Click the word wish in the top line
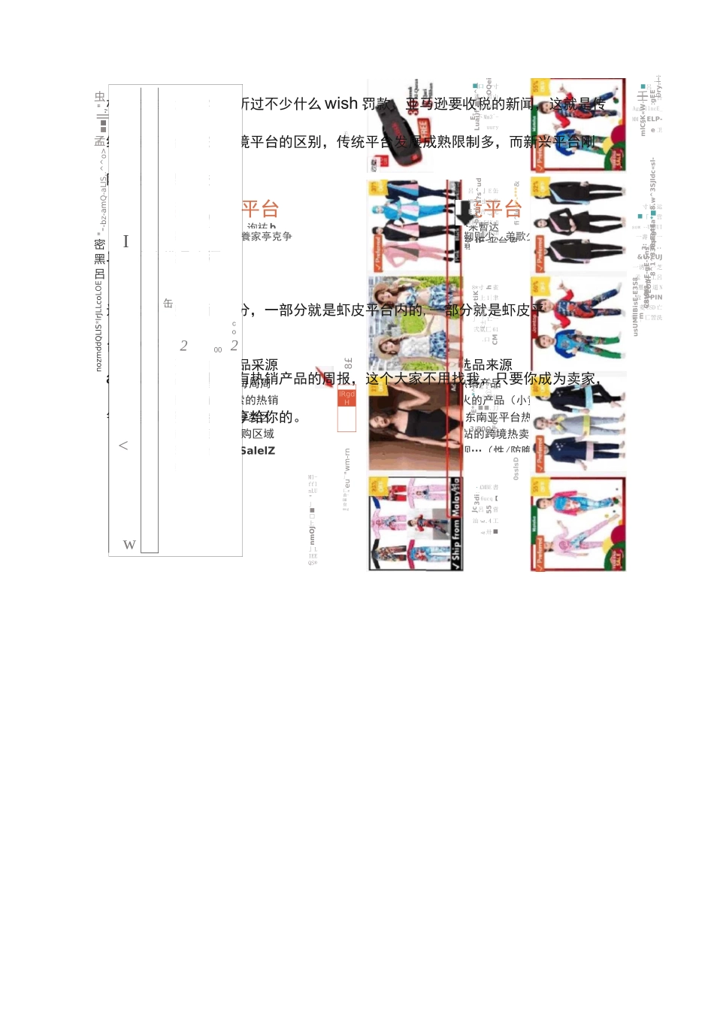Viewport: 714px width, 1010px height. (x=340, y=104)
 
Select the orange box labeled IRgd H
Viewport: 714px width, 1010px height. (x=346, y=398)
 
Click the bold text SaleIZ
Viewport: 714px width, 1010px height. (x=258, y=451)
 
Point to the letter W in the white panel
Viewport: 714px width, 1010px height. (x=129, y=545)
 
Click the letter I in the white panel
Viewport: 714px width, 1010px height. (x=126, y=241)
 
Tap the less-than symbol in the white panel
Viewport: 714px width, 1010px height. (x=123, y=446)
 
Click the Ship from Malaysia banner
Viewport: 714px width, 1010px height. (x=455, y=525)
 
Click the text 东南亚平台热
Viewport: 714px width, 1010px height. (x=498, y=417)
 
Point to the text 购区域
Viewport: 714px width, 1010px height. (x=258, y=434)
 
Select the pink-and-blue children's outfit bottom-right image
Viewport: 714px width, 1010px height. (x=577, y=524)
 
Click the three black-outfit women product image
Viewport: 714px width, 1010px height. (x=577, y=225)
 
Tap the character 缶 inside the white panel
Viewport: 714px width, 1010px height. (x=168, y=304)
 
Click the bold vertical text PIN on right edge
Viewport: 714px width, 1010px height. (x=656, y=298)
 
